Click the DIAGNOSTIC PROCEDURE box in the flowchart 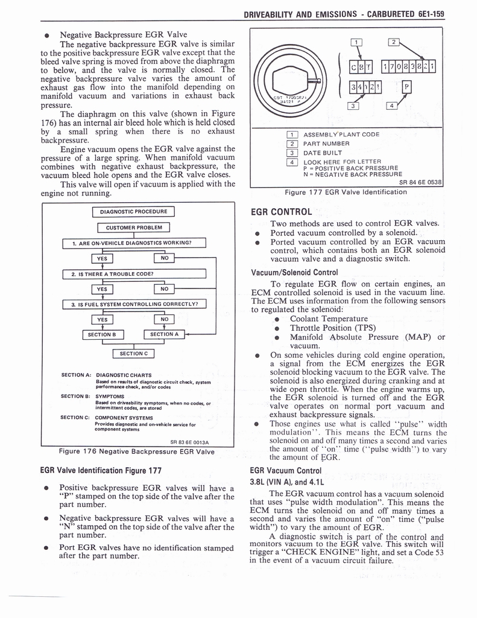[x=133, y=212]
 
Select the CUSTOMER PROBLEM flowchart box [x=133, y=228]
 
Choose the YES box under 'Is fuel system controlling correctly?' [x=103, y=319]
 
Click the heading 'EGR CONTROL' [x=281, y=212]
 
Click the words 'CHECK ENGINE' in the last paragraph [x=314, y=552]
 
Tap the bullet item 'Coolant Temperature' [x=329, y=319]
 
